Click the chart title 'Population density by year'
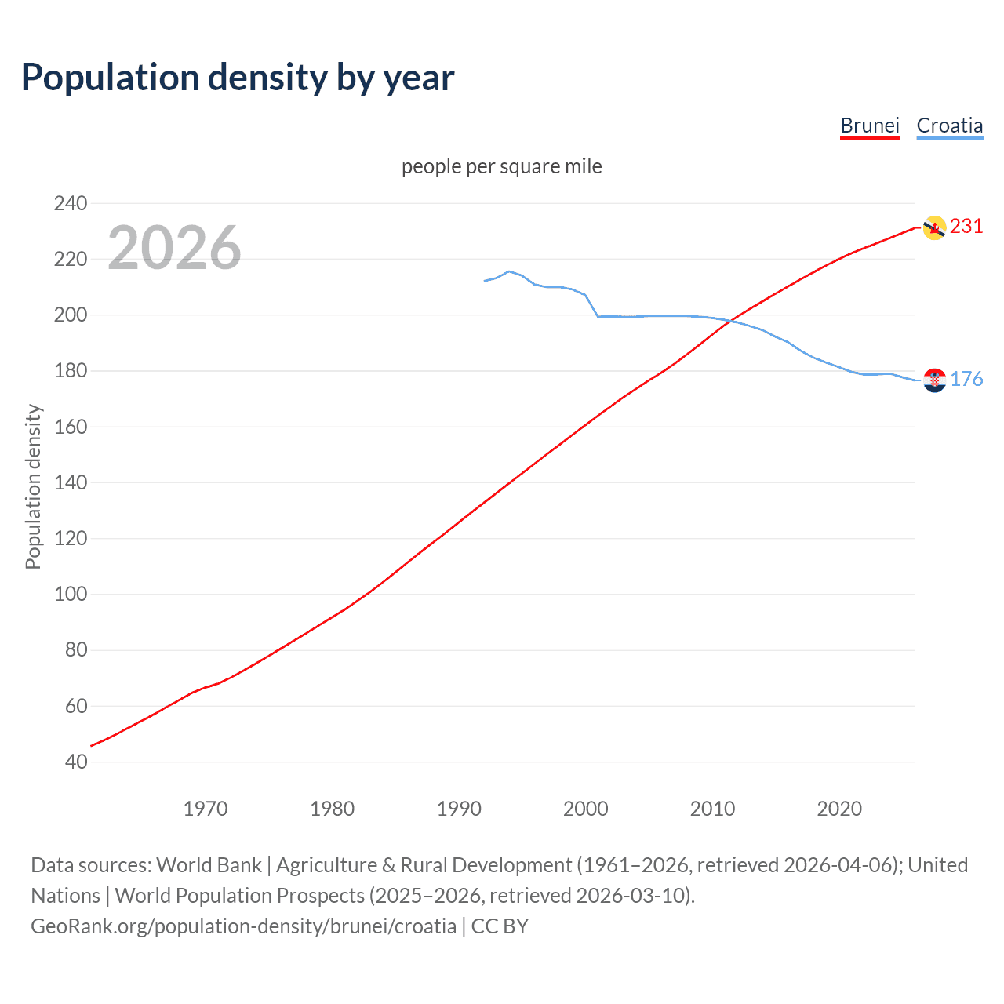[238, 78]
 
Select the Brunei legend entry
[870, 125]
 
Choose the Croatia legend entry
[949, 125]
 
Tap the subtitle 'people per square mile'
[501, 166]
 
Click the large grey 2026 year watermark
[174, 248]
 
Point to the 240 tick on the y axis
[71, 203]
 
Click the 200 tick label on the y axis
[71, 315]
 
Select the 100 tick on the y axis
[71, 595]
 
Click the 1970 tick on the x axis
[206, 809]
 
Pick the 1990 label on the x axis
[459, 809]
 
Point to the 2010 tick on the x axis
[712, 809]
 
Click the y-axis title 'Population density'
[33, 486]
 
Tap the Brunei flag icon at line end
[934, 227]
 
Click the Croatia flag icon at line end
[934, 380]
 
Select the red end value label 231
[966, 227]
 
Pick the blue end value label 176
[966, 380]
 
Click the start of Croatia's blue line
[485, 281]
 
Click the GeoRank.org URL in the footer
[243, 926]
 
